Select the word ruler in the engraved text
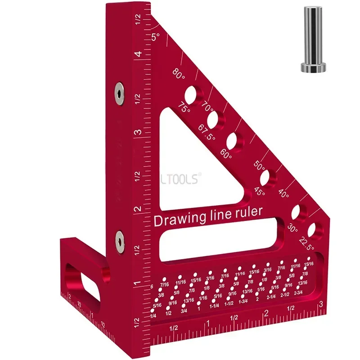[x=246, y=212]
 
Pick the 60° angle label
[x=226, y=156]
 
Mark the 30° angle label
[x=292, y=229]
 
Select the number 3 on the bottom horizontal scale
[x=320, y=304]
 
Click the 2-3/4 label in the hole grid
[x=298, y=293]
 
